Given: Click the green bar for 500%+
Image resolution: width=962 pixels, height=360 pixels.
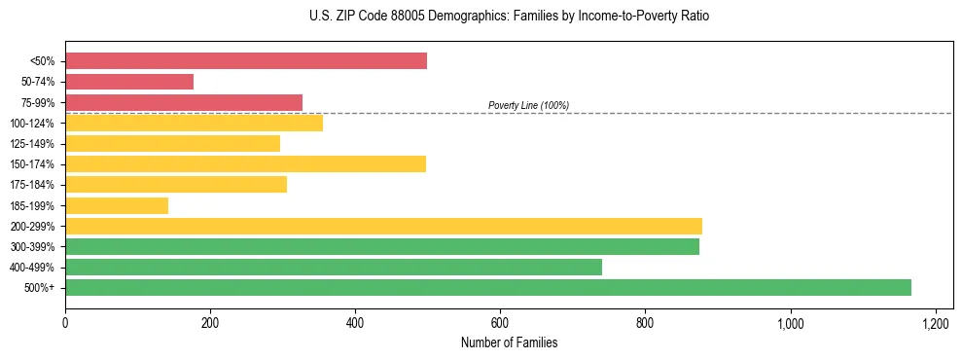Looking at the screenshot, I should click(x=487, y=287).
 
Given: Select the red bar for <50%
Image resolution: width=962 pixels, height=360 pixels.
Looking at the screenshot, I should click(x=246, y=61).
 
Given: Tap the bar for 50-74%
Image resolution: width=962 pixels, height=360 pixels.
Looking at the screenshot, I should click(x=129, y=82).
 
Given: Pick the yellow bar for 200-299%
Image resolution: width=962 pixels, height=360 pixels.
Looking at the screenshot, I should click(x=383, y=226).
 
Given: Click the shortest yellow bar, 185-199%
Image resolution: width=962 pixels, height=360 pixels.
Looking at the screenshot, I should click(x=117, y=205).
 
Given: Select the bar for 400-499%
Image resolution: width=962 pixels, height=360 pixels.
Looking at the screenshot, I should click(x=334, y=267).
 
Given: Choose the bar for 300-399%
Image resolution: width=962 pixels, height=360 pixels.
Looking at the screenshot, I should click(x=382, y=246).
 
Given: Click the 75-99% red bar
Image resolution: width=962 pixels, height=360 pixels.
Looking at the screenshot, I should click(x=184, y=102).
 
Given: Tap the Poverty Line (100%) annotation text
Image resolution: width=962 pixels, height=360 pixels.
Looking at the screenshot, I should click(x=528, y=105).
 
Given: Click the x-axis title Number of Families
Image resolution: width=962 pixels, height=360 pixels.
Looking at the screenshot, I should click(x=509, y=342).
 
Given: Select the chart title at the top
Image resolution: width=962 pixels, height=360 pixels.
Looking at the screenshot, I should click(x=510, y=17).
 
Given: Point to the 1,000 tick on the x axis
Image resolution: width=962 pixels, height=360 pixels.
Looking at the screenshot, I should click(x=790, y=322).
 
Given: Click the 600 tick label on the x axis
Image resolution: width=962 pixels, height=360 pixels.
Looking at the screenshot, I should click(x=500, y=322).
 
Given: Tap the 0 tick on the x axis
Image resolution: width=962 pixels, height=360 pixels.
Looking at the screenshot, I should click(x=65, y=322).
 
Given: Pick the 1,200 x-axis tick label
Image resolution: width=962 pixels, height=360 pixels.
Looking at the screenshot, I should click(x=935, y=322).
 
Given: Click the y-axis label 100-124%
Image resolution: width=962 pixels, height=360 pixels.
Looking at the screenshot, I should click(x=34, y=124).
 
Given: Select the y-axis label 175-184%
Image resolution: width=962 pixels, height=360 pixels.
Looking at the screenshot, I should click(x=34, y=185).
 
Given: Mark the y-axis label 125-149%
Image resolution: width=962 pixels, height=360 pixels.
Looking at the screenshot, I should click(x=34, y=144).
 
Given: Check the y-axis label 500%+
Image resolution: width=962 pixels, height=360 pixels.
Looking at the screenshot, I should click(x=40, y=288).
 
